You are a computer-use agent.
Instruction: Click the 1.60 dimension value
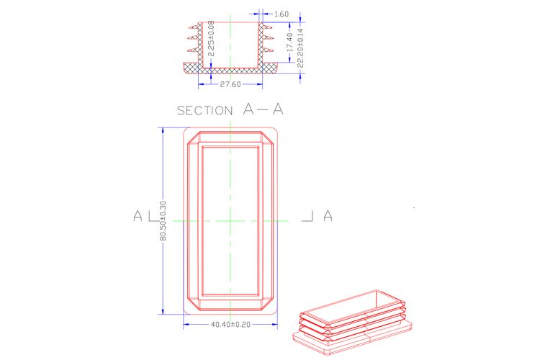click(282, 14)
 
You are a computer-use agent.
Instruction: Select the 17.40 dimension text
click(290, 42)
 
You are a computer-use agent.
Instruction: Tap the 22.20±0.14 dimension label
click(300, 48)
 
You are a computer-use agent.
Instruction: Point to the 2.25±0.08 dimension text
click(212, 38)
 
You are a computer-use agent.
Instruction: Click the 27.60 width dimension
click(230, 84)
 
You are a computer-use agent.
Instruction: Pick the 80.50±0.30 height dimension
click(163, 221)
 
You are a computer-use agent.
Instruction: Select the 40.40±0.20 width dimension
click(230, 325)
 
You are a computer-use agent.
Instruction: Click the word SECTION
click(205, 111)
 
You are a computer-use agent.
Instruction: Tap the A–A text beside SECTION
click(263, 109)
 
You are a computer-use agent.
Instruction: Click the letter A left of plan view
click(138, 216)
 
